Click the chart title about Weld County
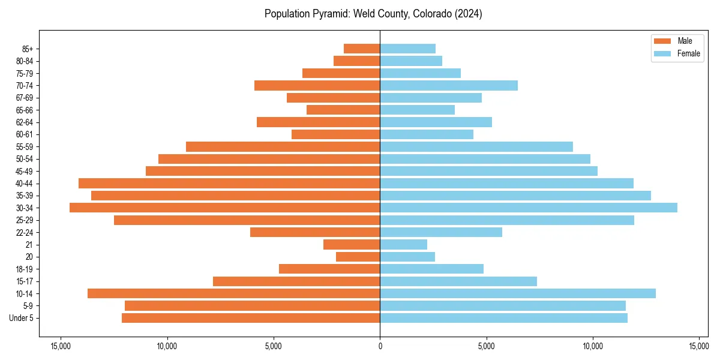point(373,14)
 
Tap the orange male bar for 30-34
point(224,208)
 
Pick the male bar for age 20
point(358,257)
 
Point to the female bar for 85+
point(407,49)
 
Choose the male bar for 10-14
point(233,293)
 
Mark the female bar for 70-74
point(448,85)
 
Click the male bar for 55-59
point(283,146)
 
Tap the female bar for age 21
point(403,244)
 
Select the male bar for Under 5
point(250,318)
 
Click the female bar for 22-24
point(440,232)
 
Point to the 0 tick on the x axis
point(380,346)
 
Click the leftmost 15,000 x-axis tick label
point(61,346)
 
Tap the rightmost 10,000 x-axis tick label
point(593,346)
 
